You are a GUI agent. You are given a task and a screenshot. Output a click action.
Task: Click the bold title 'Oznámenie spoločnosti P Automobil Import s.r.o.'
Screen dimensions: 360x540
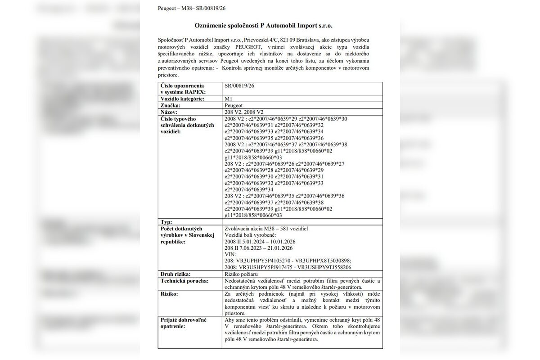[270, 26]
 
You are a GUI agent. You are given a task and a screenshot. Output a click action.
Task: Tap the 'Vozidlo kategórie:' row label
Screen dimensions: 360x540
[183, 99]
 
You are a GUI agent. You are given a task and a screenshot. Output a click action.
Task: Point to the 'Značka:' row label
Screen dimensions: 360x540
[171, 105]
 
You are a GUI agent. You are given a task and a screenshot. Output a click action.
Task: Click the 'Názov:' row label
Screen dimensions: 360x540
[170, 112]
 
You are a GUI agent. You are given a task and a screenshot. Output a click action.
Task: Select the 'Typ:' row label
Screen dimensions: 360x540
[166, 222]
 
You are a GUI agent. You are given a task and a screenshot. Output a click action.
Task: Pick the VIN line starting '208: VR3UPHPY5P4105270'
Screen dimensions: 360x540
[287, 261]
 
